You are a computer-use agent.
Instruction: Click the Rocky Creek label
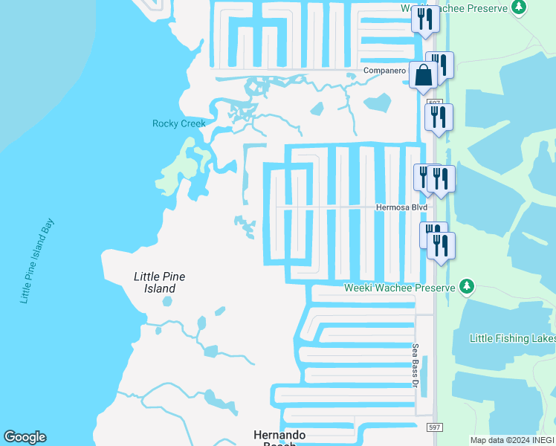(x=178, y=123)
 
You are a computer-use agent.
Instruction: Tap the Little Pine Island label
(x=159, y=282)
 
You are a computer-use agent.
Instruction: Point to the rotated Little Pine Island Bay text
(x=37, y=261)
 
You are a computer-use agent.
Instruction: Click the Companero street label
(x=384, y=71)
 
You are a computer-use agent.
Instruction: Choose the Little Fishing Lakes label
(x=512, y=338)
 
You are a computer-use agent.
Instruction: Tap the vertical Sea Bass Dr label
(x=416, y=365)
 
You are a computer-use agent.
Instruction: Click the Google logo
(x=25, y=437)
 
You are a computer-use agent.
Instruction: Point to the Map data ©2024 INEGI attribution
(x=511, y=440)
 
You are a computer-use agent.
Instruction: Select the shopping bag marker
(x=423, y=75)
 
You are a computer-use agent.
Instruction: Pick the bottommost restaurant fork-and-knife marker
(x=441, y=246)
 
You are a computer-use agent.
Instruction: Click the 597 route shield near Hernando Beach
(x=435, y=428)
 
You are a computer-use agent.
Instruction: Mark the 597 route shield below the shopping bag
(x=436, y=103)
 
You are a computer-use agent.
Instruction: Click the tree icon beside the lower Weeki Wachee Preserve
(x=467, y=286)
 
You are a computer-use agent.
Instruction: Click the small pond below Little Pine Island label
(x=167, y=303)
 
